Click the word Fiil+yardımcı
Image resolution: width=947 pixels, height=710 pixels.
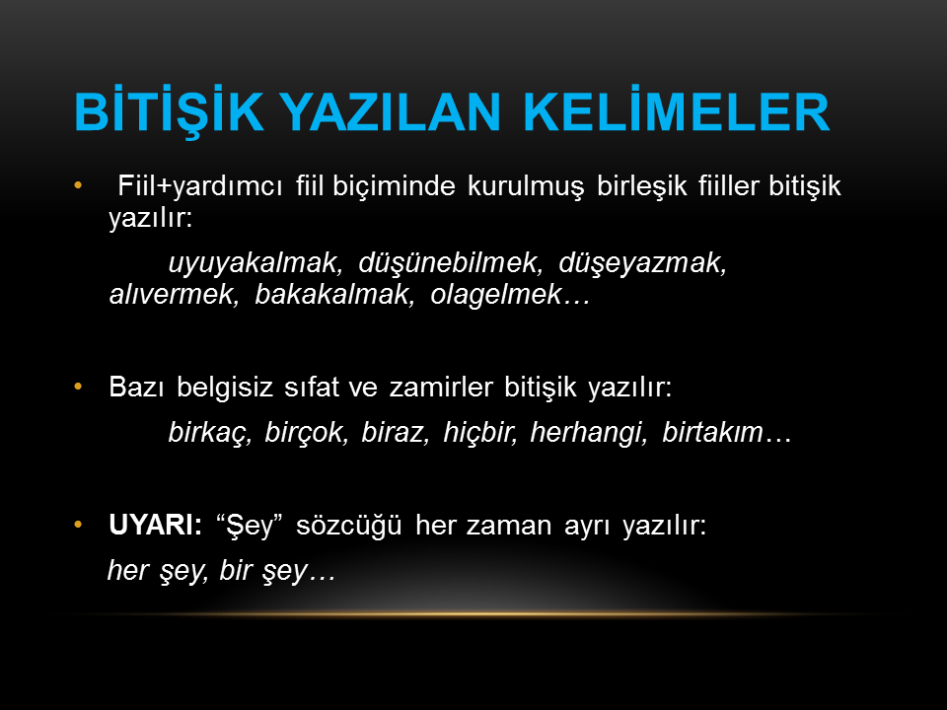point(200,186)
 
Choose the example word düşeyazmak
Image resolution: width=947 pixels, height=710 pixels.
point(642,262)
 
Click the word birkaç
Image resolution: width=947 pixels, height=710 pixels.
point(209,432)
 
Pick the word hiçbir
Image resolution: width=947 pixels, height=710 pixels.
point(480,432)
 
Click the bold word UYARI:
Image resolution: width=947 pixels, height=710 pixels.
point(155,525)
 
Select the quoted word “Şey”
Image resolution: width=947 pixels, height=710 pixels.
point(250,526)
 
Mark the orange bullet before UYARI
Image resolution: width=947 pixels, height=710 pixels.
point(78,525)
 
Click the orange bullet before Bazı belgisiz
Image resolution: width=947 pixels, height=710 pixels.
point(78,387)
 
